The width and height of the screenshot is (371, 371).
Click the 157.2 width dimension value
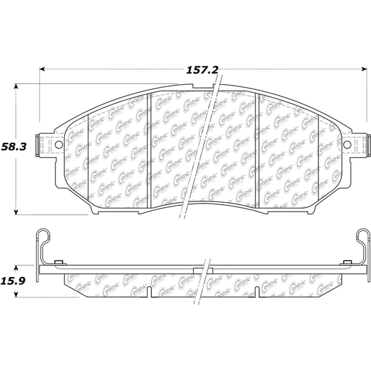coord(202,70)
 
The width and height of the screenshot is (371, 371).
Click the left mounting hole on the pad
coord(59,146)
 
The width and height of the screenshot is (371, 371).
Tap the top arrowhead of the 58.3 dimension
coord(16,85)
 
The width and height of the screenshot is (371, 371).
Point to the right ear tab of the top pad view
coord(359,146)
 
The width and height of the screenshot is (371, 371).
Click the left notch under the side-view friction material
coord(150,291)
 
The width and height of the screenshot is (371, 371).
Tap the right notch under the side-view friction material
coord(258,291)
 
